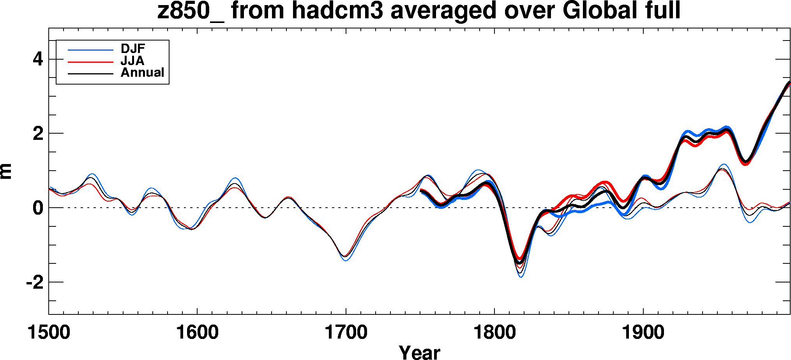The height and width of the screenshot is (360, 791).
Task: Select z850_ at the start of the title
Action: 190,11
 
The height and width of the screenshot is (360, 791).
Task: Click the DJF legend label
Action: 133,49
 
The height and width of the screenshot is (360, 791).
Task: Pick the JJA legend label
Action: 132,61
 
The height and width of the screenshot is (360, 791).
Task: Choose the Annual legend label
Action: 143,72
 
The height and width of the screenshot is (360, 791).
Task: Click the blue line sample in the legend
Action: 90,50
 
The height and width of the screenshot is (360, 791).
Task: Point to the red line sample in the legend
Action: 90,62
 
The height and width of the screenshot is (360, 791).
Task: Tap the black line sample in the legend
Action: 90,74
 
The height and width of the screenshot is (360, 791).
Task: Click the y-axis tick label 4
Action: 38,60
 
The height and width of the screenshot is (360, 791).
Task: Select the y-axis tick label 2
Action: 38,134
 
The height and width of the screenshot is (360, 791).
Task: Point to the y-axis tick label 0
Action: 38,208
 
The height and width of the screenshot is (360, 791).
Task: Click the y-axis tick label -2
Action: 35,282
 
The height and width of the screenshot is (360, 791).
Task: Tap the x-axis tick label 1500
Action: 49,332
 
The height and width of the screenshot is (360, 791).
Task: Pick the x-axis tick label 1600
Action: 197,332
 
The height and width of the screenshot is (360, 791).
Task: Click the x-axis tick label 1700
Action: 346,332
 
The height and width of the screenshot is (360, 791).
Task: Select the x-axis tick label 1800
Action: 494,332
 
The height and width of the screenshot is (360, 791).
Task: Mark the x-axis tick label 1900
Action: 643,332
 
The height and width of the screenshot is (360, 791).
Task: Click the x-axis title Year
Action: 419,352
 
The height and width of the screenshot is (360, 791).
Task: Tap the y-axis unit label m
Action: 7,171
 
